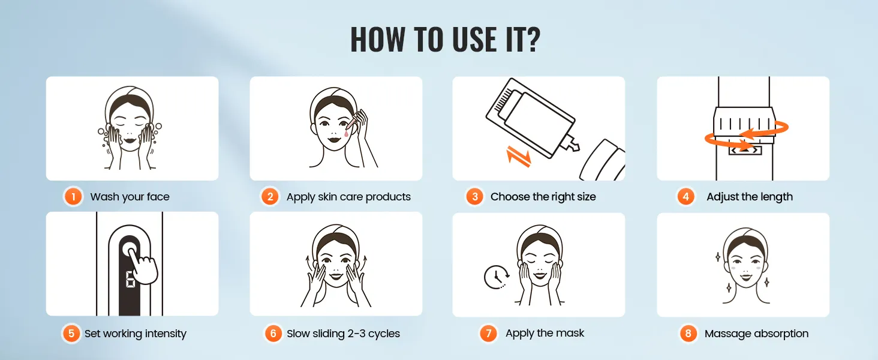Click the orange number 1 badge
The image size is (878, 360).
(x=73, y=196)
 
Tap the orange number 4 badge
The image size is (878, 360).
(x=685, y=196)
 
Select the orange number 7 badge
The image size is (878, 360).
(x=488, y=334)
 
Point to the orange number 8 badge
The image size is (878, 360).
(x=688, y=334)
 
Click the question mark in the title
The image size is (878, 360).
(x=533, y=39)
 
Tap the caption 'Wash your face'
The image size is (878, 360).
(x=130, y=197)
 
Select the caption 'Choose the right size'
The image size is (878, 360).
(x=543, y=196)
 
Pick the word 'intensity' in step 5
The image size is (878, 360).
(x=166, y=334)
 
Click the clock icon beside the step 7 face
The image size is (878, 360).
(x=497, y=277)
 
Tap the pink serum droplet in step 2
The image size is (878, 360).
(x=346, y=133)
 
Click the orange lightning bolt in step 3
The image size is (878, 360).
(x=518, y=156)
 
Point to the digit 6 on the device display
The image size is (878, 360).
(x=130, y=280)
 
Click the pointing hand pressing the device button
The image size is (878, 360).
(x=142, y=265)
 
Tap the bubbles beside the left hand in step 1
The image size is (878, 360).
(x=104, y=135)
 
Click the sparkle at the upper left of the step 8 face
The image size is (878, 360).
(x=717, y=257)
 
